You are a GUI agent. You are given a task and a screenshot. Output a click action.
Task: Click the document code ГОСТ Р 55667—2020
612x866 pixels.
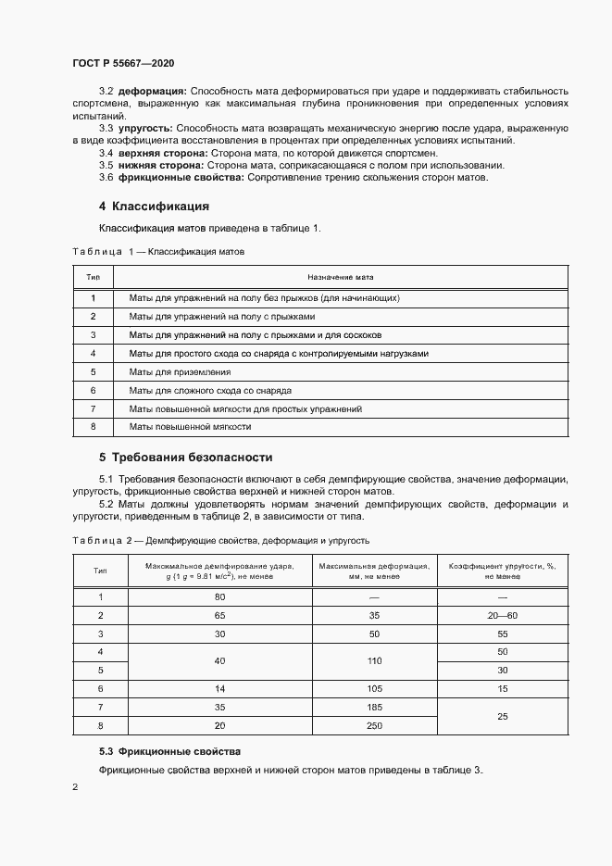(x=122, y=63)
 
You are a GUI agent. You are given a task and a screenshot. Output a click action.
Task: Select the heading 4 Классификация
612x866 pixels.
(x=154, y=206)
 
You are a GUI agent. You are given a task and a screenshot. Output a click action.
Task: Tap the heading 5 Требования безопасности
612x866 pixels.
(x=185, y=458)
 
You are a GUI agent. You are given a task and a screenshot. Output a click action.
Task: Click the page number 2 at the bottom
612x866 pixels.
(x=75, y=787)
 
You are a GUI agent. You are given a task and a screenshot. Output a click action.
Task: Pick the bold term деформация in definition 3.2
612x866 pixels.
(x=151, y=91)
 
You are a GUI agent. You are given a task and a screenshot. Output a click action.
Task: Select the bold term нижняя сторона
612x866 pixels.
(x=159, y=164)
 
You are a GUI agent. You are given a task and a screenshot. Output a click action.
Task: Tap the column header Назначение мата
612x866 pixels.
(x=340, y=277)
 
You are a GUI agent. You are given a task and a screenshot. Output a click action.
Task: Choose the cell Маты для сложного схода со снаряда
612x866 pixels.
(x=210, y=390)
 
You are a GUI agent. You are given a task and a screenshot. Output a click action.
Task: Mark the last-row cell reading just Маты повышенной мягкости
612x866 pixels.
(x=190, y=427)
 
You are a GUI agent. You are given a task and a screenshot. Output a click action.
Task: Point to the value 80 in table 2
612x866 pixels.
(x=220, y=596)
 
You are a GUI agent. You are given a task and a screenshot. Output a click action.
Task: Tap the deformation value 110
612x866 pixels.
(x=373, y=660)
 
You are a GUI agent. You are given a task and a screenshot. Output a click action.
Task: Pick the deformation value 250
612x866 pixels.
(x=373, y=725)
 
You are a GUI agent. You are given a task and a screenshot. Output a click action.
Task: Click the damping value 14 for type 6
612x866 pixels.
(x=220, y=688)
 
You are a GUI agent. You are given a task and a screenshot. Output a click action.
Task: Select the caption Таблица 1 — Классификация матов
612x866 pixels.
(x=157, y=251)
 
